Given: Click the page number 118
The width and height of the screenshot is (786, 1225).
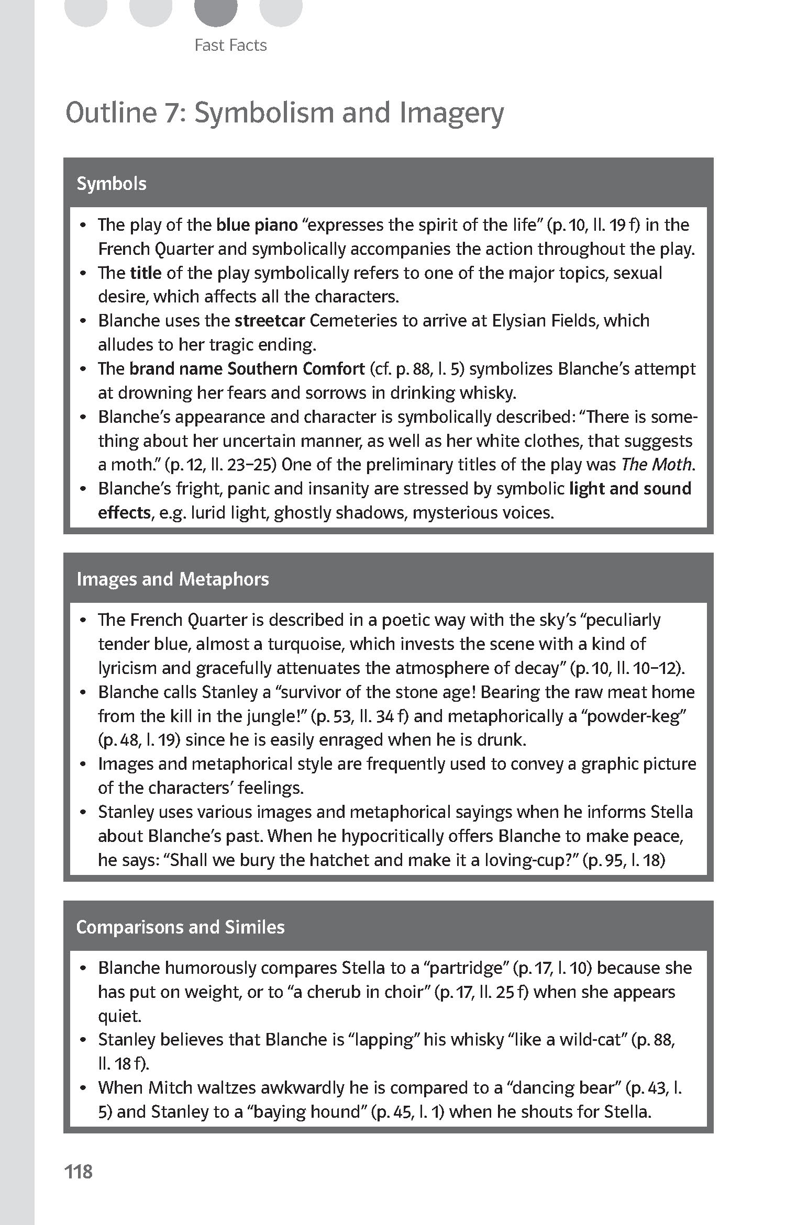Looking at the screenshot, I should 79,1171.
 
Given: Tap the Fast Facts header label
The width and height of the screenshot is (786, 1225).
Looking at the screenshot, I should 230,46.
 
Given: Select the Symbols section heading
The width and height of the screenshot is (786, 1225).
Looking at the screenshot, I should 112,184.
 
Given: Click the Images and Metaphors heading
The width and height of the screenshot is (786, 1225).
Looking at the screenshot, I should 172,579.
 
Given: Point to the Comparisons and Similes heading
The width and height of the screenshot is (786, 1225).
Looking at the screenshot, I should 180,927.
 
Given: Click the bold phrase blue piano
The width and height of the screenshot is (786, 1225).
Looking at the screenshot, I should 257,224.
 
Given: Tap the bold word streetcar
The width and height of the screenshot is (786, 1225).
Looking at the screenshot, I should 269,320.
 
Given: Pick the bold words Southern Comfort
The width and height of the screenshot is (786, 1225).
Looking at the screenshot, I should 296,368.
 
